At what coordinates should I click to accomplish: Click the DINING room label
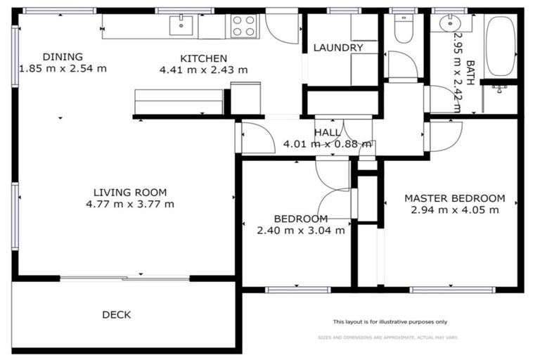(63, 57)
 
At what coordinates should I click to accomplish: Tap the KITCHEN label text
(203, 58)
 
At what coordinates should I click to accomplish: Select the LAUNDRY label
(338, 48)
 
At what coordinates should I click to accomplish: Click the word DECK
(116, 315)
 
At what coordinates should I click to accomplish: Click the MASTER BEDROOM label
(454, 198)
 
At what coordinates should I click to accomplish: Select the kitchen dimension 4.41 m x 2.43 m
(203, 70)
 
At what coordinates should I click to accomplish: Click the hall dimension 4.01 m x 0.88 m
(327, 144)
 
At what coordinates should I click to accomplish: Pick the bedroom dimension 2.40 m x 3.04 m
(301, 230)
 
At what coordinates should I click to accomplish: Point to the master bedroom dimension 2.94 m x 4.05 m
(454, 210)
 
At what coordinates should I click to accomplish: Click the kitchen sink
(181, 25)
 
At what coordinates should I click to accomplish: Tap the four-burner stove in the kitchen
(244, 26)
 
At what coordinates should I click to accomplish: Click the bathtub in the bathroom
(501, 46)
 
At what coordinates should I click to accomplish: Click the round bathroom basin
(449, 23)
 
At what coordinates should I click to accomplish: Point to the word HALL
(328, 132)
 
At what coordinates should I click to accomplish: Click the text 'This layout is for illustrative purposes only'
(390, 321)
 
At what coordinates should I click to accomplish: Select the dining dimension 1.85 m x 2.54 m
(63, 69)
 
